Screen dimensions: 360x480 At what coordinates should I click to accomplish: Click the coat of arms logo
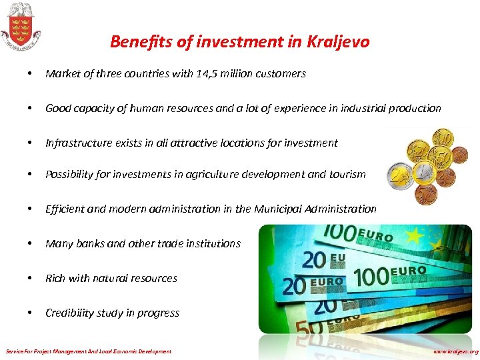[x=20, y=26]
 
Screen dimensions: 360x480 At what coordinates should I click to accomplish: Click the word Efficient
[x=65, y=209]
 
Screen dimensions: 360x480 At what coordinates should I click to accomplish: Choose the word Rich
[x=55, y=278]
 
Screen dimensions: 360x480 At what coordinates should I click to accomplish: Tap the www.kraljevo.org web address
[x=455, y=351]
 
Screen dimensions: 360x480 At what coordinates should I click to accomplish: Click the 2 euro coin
[x=401, y=177]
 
